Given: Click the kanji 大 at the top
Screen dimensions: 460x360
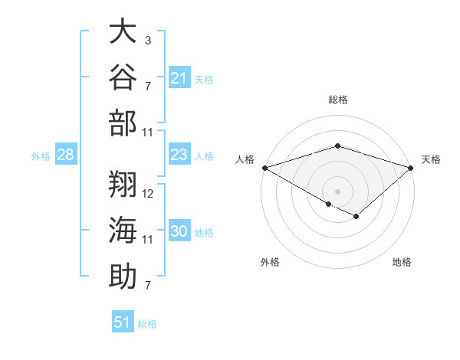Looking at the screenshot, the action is tap(123, 30).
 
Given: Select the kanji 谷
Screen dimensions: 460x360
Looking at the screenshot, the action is tap(123, 77).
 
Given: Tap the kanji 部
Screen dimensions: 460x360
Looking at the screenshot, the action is tap(123, 123).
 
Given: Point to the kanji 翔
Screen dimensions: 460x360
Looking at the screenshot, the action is tap(123, 184).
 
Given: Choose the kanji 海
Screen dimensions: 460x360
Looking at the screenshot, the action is tap(123, 230).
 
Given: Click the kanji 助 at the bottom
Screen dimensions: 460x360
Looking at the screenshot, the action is tap(123, 276).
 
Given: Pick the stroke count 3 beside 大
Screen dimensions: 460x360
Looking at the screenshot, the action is tap(148, 40).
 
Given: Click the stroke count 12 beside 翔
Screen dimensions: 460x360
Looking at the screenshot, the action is tap(147, 194).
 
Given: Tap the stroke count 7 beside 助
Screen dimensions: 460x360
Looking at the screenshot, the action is tap(148, 285).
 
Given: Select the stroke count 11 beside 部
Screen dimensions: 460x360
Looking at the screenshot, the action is tap(147, 133).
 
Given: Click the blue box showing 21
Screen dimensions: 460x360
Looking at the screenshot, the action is tap(179, 77).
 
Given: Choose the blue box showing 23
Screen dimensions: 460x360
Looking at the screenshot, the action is tap(179, 154).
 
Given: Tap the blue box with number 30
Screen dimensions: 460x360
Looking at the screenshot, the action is tap(179, 230).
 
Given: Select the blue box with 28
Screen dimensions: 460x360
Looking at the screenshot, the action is tap(66, 154).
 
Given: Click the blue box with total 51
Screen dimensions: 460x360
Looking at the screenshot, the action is tap(123, 321).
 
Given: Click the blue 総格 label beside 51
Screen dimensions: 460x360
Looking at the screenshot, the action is tap(147, 324).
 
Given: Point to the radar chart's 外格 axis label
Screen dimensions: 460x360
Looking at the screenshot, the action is tap(270, 262).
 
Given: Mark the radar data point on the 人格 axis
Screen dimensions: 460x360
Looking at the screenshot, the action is tap(265, 168).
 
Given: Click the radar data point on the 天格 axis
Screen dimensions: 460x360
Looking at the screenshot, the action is tap(411, 168).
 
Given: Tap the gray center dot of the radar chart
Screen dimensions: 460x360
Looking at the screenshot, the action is tap(337, 191).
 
